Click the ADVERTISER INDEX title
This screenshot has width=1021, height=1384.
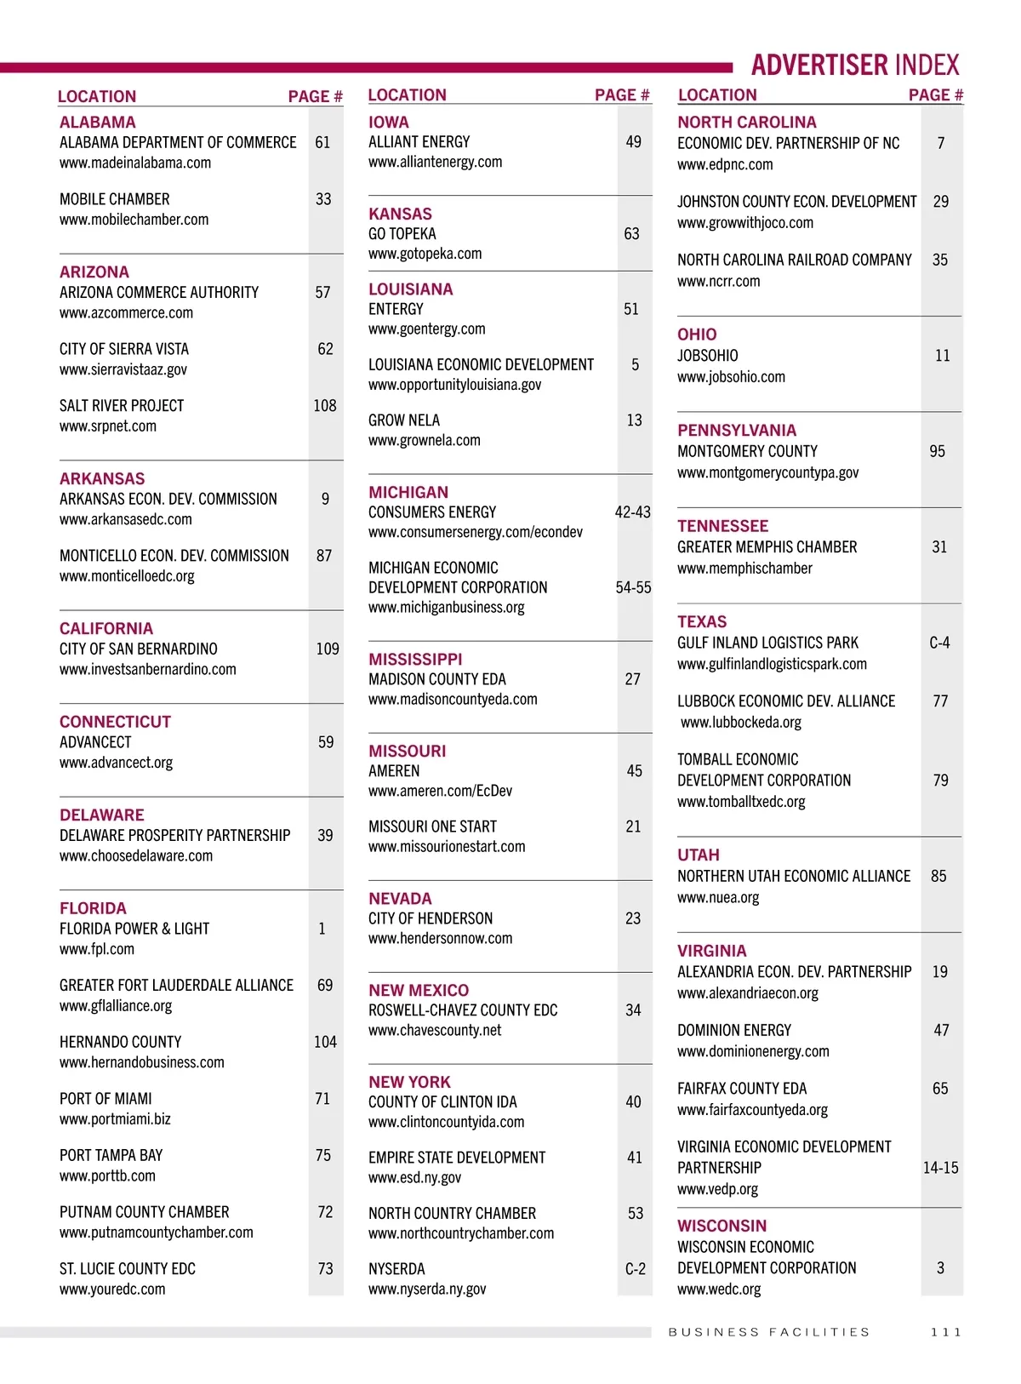coord(854,66)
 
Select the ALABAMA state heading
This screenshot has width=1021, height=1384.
coord(97,123)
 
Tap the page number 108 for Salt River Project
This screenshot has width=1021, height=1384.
coord(325,406)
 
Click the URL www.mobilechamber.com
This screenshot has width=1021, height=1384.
coord(134,220)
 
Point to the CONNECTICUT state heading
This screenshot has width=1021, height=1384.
coord(115,722)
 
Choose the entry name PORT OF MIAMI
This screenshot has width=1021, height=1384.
coord(106,1099)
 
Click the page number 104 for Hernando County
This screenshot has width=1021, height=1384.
coord(325,1042)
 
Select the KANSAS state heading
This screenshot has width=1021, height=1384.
coord(400,214)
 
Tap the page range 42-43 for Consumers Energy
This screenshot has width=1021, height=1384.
coord(632,512)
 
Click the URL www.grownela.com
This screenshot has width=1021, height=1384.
coord(424,441)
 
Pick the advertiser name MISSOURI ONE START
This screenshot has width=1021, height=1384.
coord(432,826)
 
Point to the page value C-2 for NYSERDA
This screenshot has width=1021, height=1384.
coord(635,1269)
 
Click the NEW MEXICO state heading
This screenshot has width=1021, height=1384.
coord(419,991)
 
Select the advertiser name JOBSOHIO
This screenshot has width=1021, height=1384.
coord(707,356)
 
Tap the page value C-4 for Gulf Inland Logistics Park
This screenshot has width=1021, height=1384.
coord(939,643)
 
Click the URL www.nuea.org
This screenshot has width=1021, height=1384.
coord(718,897)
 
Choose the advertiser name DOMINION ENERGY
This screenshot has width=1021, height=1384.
coord(733,1030)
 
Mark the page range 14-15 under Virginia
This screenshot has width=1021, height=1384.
coord(940,1168)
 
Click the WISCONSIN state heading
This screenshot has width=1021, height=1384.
coord(722,1226)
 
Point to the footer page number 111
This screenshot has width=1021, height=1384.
coord(945,1332)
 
